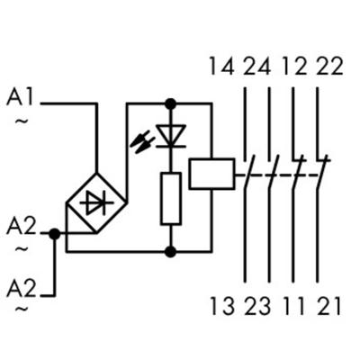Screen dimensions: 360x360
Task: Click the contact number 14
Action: pos(222,66)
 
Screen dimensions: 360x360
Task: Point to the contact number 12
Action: pos(293,66)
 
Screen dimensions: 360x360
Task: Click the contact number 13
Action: pos(222,307)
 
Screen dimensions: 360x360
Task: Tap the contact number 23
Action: pos(258,307)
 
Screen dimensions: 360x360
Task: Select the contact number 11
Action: pos(292,307)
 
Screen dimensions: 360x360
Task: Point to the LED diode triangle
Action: pos(170,136)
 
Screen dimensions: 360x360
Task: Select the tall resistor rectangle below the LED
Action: pos(171,198)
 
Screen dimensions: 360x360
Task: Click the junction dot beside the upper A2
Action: pos(54,233)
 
